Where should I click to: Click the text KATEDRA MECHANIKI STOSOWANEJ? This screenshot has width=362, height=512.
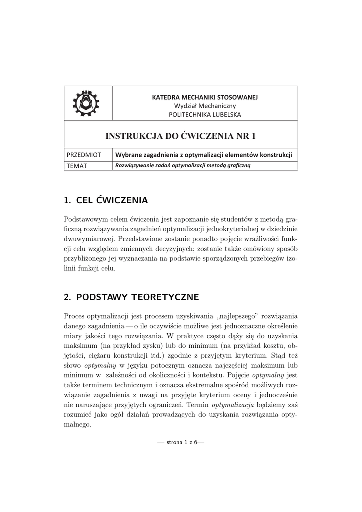pos(205,97)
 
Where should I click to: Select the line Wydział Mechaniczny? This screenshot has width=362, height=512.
pos(205,106)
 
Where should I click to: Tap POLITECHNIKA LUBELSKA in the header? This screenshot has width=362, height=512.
pos(205,114)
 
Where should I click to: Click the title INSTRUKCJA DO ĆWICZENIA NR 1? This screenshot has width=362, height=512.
pos(180,135)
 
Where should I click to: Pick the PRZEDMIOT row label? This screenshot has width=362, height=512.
pos(84,155)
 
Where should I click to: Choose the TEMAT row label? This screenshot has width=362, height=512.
pos(77,166)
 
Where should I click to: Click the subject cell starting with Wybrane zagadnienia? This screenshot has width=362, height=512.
pos(203,155)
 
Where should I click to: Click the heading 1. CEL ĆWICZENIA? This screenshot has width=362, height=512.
pos(106,201)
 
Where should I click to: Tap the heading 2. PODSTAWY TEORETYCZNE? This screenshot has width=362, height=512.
pos(131,297)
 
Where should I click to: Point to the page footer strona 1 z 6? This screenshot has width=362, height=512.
pos(180,442)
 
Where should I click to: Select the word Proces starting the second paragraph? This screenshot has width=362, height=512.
pos(75,317)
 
